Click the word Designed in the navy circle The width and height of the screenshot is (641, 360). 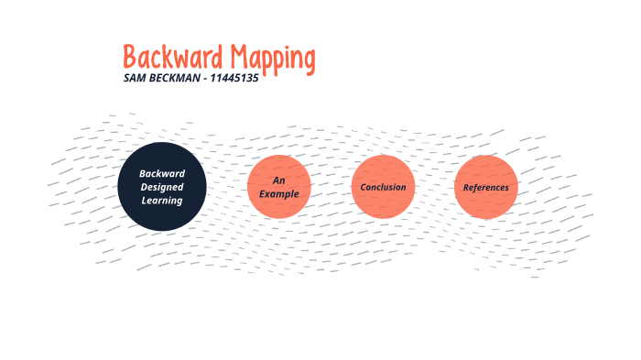tap(162, 187)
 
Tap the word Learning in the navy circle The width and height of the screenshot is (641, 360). tap(162, 200)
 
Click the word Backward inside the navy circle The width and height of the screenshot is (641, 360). tap(162, 173)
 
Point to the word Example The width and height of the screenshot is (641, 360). tap(279, 193)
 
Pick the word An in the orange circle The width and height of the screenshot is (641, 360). tap(279, 180)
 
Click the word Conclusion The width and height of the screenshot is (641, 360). tap(383, 187)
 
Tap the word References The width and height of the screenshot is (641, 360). tap(485, 187)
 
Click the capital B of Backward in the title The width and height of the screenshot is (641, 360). tap(131, 58)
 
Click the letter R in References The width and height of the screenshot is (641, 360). tap(466, 187)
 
